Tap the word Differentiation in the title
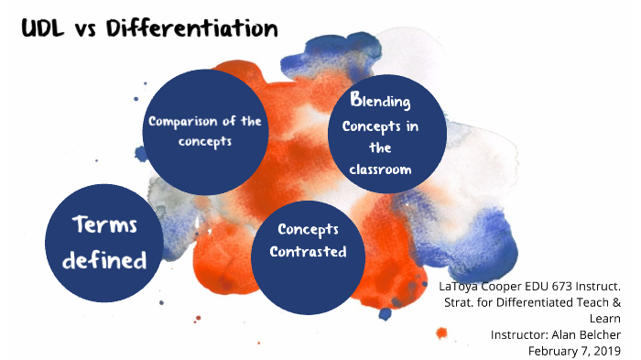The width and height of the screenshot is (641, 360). tap(191, 29)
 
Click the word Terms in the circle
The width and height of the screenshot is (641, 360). tap(103, 228)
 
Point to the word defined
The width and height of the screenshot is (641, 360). tap(103, 260)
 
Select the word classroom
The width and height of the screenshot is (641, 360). tap(380, 169)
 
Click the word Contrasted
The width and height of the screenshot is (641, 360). tap(308, 252)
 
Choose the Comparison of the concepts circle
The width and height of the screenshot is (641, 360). tap(206, 128)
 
